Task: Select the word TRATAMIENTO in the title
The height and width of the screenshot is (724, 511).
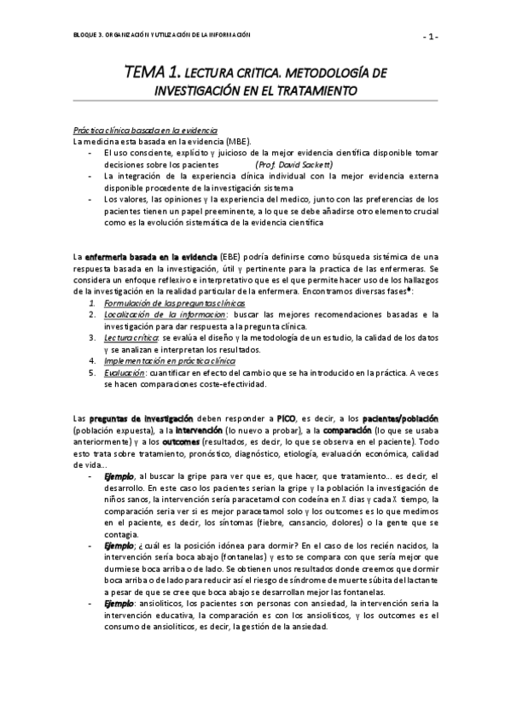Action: pyautogui.click(x=313, y=90)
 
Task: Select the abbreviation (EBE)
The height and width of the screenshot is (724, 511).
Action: pyautogui.click(x=230, y=256)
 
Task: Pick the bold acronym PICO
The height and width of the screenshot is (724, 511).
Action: pyautogui.click(x=286, y=419)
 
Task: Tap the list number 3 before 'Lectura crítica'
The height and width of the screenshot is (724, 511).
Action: pyautogui.click(x=93, y=337)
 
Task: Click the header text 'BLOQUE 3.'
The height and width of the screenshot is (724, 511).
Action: pyautogui.click(x=89, y=33)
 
